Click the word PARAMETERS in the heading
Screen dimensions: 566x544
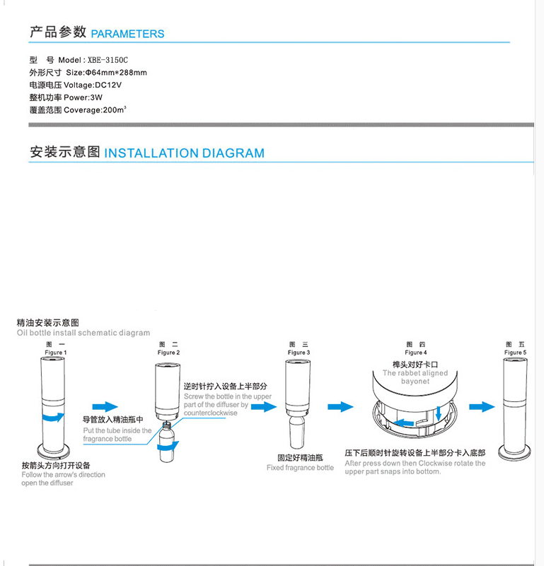(x=127, y=34)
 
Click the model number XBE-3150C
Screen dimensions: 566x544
(x=108, y=60)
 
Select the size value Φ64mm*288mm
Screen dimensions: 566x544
(x=116, y=73)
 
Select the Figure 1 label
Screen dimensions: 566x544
(x=56, y=352)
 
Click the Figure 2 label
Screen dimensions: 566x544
(x=168, y=352)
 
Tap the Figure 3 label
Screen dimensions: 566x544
(x=298, y=352)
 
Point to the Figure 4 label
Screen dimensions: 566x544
(x=415, y=352)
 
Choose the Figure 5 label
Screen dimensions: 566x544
(x=514, y=352)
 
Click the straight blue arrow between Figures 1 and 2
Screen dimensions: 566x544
(x=105, y=406)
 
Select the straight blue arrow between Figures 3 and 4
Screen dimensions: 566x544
(x=340, y=406)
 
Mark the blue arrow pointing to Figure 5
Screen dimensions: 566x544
(x=482, y=406)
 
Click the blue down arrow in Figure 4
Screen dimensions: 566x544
(x=439, y=411)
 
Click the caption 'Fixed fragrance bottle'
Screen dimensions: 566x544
(x=300, y=468)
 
